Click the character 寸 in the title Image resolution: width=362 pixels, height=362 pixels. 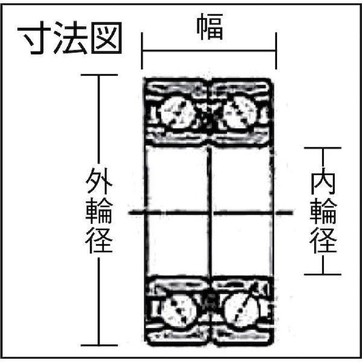click(x=34, y=38)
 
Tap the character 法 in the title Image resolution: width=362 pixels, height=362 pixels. click(x=71, y=38)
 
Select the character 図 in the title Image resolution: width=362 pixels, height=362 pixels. click(x=106, y=38)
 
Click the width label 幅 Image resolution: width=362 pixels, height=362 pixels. click(x=210, y=27)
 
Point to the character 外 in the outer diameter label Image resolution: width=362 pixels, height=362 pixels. click(x=99, y=180)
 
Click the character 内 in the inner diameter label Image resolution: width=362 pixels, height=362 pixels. click(x=323, y=181)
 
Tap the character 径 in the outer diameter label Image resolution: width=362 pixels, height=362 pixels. click(x=99, y=240)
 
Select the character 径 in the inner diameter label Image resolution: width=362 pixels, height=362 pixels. click(x=323, y=241)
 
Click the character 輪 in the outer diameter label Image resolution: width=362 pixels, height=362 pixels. click(x=99, y=211)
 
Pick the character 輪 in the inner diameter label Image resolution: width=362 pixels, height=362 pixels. click(x=323, y=211)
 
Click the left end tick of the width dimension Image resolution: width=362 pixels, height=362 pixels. click(x=142, y=51)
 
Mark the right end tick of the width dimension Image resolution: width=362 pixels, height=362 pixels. click(x=276, y=51)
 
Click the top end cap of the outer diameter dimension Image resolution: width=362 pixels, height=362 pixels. click(x=100, y=75)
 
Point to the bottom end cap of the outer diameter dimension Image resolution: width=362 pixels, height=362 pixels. click(x=100, y=345)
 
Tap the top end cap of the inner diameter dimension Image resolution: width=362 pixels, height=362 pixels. click(x=323, y=148)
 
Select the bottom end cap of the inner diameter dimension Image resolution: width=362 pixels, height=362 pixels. click(x=323, y=275)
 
